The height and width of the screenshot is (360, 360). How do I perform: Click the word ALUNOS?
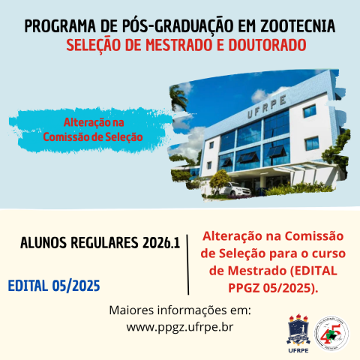[x=46, y=244]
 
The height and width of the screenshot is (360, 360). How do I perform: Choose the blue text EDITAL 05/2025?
[x=54, y=286]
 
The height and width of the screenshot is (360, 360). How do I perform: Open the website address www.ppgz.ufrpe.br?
[x=180, y=327]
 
